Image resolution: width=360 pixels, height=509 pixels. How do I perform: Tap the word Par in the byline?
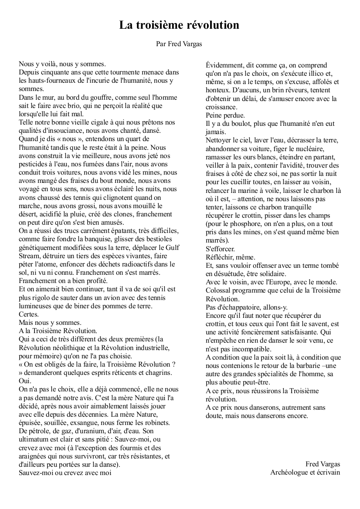pos(161,44)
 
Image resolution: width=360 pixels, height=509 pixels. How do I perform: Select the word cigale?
pos(99,122)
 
